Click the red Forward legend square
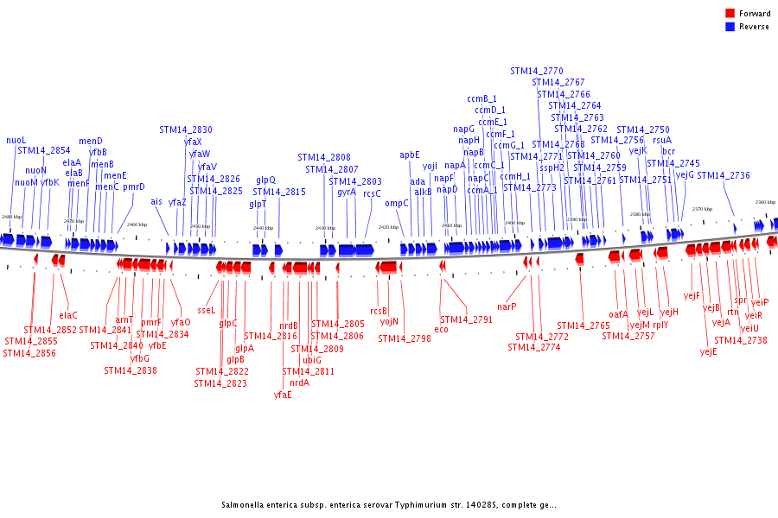point(730,14)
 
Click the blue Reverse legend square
point(730,27)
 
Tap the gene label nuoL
point(16,140)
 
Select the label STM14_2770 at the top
point(536,72)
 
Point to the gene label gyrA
point(347,193)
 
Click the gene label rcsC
point(372,194)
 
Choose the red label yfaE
point(283,395)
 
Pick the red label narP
point(507,306)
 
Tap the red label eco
point(441,330)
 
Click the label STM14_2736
point(724,176)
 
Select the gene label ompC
point(397,204)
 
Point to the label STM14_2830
point(186,130)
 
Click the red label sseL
point(206,310)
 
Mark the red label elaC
point(68,315)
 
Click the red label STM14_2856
point(30,353)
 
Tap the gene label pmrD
point(134,187)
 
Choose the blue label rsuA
point(662,140)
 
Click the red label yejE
point(708,352)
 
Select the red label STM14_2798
point(404,339)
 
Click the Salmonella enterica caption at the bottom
point(388,505)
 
